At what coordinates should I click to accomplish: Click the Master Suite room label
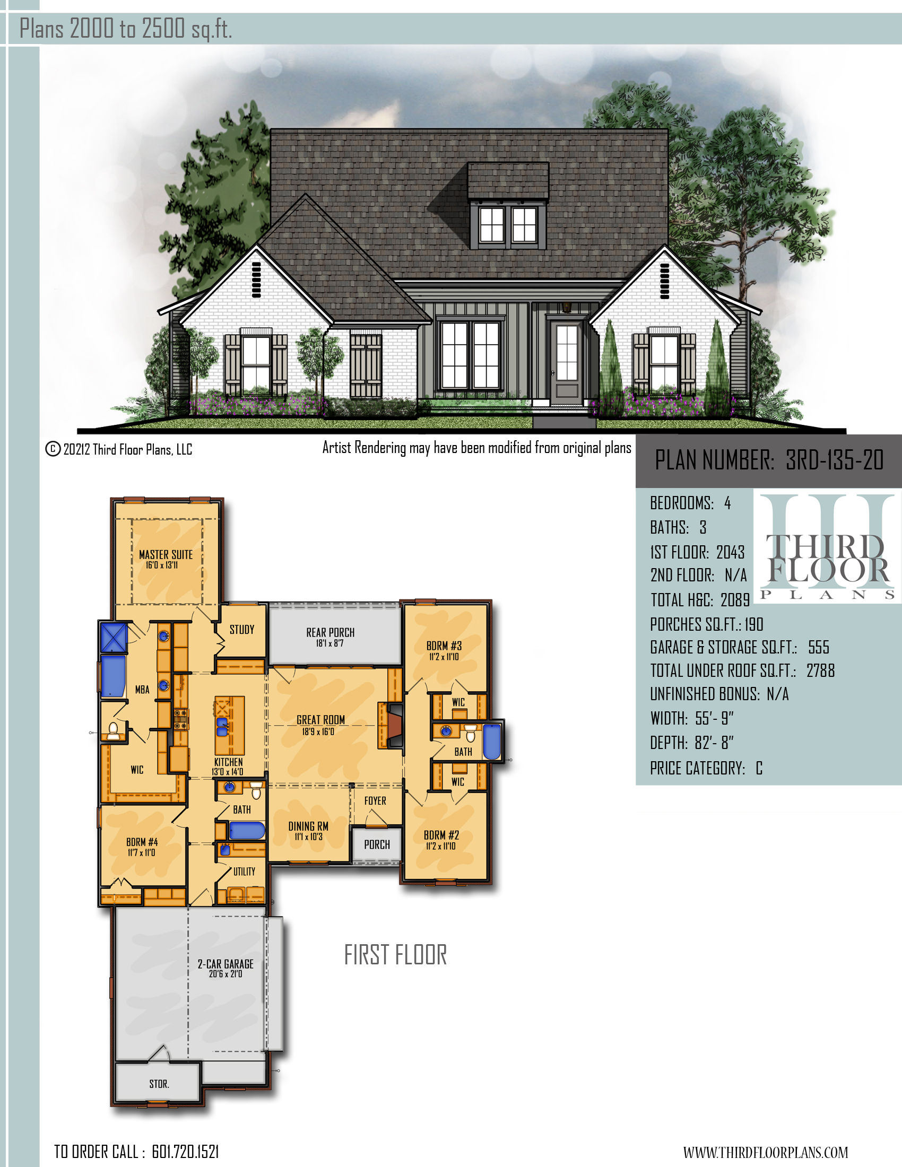(166, 554)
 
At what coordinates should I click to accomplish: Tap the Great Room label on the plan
(320, 720)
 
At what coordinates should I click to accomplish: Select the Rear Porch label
(330, 632)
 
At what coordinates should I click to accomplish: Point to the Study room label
(242, 630)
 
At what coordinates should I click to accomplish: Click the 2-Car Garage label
(226, 964)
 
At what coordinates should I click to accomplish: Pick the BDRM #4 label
(142, 842)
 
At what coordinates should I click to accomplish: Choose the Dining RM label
(308, 826)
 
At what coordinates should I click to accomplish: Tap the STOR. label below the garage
(159, 1084)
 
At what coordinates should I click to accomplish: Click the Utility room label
(244, 872)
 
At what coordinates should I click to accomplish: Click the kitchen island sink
(222, 727)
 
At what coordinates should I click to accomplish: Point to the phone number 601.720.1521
(185, 1152)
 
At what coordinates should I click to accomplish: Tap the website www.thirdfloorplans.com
(765, 1152)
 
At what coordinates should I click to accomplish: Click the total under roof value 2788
(820, 670)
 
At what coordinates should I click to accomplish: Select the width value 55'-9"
(715, 718)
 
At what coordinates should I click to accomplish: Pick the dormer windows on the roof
(508, 224)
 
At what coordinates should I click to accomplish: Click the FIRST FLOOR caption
(395, 955)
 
